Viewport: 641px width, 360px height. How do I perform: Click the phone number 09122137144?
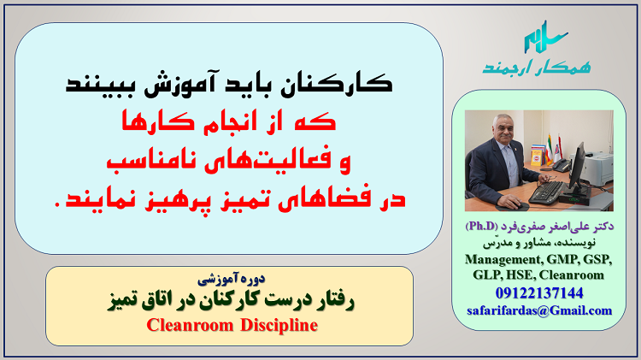tap(539, 293)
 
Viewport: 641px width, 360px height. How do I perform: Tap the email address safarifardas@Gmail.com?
tap(539, 310)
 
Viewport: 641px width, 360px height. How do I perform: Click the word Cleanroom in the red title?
tap(190, 325)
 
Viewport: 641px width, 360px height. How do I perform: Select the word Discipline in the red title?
tap(279, 325)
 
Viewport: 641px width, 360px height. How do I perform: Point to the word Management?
tap(503, 259)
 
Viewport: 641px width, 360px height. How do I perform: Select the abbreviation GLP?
tap(487, 274)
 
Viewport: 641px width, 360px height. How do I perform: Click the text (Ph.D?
tap(481, 227)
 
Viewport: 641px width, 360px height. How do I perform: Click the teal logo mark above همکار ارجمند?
tap(546, 38)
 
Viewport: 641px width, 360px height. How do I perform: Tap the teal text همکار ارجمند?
tap(537, 67)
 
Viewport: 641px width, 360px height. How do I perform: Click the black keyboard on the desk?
tap(547, 192)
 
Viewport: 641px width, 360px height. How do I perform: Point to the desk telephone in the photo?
tap(561, 165)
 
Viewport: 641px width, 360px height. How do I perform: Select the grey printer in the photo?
tap(597, 168)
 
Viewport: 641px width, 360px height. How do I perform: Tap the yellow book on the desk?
tap(536, 156)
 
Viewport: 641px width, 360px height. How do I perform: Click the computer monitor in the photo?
tap(577, 167)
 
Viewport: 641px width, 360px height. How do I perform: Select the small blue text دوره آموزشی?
tap(231, 279)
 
